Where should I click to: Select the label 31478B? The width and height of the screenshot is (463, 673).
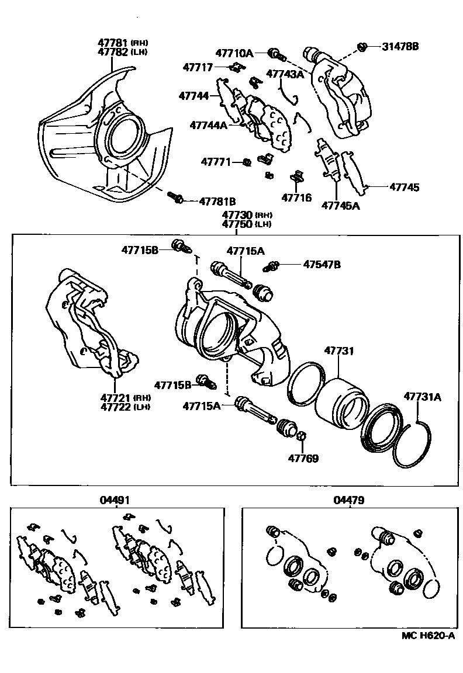[x=400, y=46]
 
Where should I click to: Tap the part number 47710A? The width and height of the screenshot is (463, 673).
[x=234, y=53]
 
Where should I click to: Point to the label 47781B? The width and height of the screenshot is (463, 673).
[x=217, y=200]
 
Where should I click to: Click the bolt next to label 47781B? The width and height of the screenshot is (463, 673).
[x=176, y=198]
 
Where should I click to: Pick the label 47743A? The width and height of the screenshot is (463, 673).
[x=285, y=74]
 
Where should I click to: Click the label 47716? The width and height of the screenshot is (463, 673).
[x=296, y=197]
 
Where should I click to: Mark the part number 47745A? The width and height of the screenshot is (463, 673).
[x=340, y=205]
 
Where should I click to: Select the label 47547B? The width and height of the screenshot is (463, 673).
[x=322, y=265]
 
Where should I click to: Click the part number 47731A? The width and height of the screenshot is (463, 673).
[x=422, y=397]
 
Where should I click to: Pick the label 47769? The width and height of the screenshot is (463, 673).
[x=303, y=459]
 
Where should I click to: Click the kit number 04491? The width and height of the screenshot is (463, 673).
[x=117, y=500]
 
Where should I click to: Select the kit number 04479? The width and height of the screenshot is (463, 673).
[x=349, y=500]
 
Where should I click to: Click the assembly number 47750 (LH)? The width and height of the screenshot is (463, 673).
[x=244, y=224]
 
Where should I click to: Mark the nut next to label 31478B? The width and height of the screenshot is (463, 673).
[x=362, y=47]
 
